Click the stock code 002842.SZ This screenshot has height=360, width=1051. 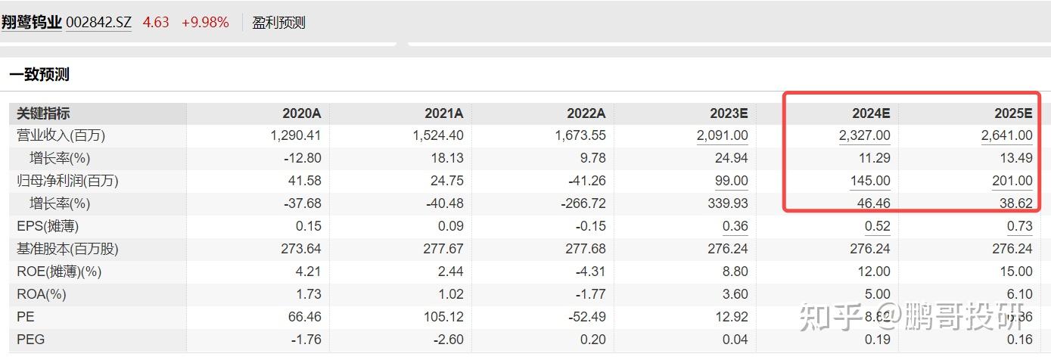point(98,23)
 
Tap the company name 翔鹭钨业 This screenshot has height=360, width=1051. point(31,23)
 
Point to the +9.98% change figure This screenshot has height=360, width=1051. point(205,23)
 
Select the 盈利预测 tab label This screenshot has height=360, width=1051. point(278,23)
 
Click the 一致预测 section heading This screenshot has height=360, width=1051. point(39,74)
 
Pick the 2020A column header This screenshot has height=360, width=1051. point(301,113)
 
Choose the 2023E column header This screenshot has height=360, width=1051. point(729,113)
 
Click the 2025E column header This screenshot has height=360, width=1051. point(1013,113)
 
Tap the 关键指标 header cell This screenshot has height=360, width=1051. point(43,113)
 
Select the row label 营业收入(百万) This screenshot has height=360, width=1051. point(61,135)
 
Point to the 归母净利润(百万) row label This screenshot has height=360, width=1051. point(67,181)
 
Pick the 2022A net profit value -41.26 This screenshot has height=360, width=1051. point(586,181)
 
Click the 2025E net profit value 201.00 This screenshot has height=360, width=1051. point(1012,181)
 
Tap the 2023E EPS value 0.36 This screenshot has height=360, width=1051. point(735,226)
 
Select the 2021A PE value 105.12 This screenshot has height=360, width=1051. point(443,317)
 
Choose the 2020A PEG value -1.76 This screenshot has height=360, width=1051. point(306,340)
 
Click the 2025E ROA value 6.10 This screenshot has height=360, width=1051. point(1019,294)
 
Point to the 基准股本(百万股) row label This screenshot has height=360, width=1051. point(67,249)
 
